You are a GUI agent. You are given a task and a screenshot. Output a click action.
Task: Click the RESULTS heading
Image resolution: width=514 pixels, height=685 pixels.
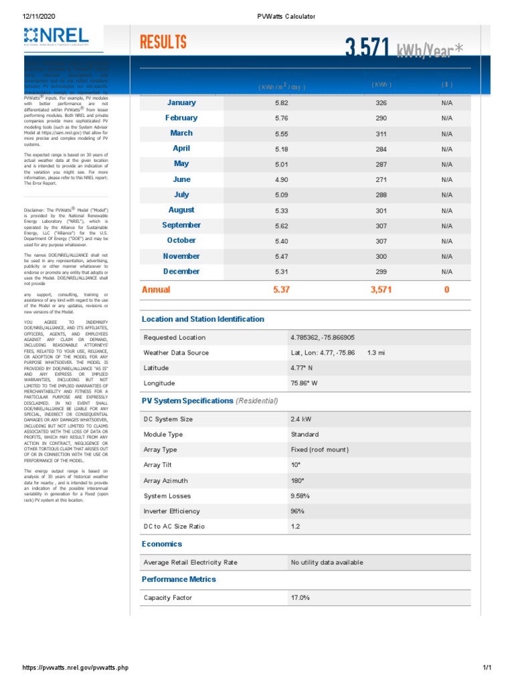[163, 43]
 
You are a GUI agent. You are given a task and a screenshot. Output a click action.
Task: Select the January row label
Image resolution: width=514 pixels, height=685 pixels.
[181, 103]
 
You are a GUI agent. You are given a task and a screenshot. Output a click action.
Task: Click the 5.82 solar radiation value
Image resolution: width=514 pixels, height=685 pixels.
[281, 103]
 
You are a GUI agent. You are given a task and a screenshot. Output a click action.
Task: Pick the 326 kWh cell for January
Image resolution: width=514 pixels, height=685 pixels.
[381, 103]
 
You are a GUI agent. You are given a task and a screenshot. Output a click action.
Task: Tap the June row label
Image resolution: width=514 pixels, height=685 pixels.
[181, 179]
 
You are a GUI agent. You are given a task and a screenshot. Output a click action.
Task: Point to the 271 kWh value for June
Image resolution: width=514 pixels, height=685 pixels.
[381, 180]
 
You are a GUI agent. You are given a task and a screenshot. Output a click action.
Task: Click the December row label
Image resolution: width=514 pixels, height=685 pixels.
[181, 272]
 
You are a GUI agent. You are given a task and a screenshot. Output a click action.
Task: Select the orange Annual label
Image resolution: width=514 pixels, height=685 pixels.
[156, 290]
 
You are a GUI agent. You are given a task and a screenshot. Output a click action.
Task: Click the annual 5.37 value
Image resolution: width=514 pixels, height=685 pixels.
[281, 290]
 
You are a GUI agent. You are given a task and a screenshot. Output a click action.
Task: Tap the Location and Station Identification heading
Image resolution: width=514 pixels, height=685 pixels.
[203, 319]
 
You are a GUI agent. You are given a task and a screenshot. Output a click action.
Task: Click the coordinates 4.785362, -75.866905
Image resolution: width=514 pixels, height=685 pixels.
[323, 338]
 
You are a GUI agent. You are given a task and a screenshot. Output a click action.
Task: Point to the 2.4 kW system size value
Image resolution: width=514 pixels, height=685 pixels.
[301, 419]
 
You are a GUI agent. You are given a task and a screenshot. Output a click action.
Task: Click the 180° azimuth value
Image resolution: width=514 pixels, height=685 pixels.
[297, 481]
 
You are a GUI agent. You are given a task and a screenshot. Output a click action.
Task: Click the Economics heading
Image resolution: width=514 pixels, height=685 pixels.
[162, 544]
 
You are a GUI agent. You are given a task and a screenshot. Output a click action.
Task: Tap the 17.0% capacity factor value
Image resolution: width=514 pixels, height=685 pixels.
[300, 598]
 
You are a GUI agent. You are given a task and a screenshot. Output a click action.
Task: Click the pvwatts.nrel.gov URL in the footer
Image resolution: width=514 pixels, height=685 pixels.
[75, 668]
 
